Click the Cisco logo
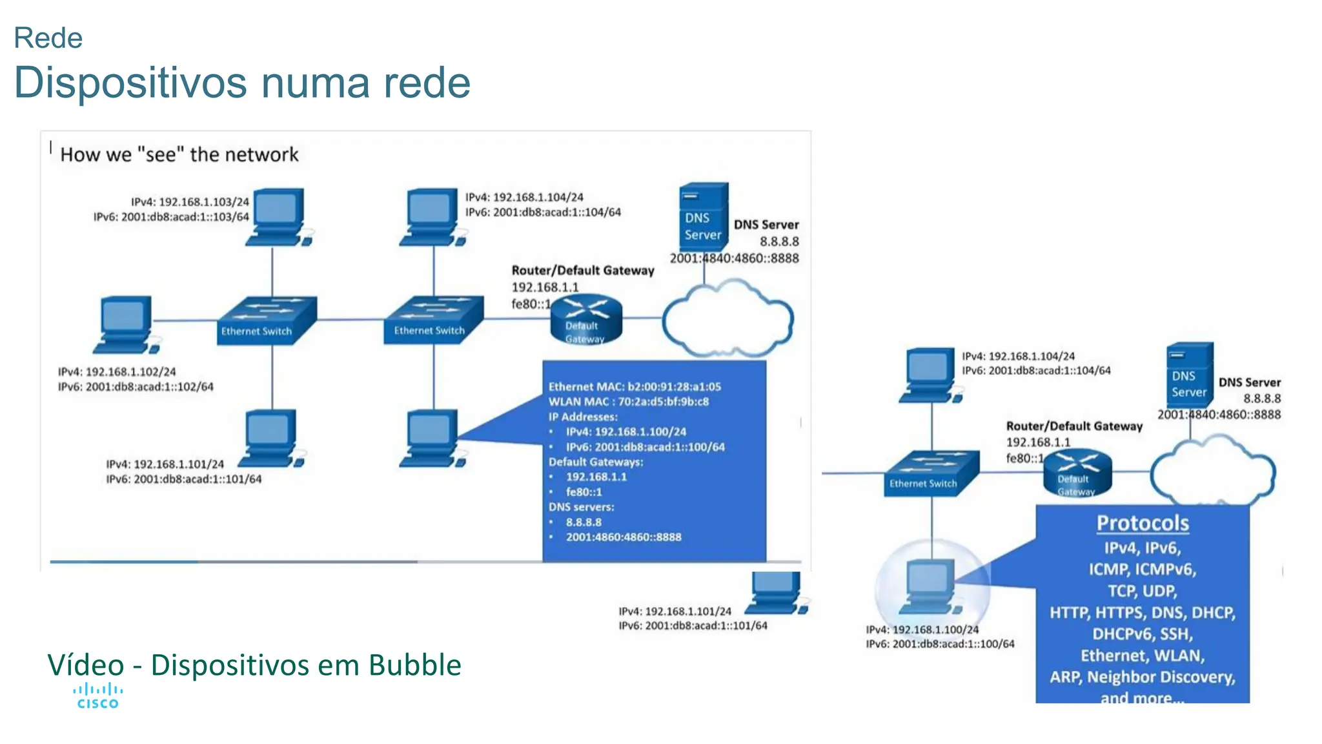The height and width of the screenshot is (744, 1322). click(x=97, y=696)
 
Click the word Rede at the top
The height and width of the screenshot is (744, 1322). click(x=48, y=38)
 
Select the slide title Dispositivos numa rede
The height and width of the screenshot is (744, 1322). click(x=242, y=83)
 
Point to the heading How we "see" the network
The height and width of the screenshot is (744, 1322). click(x=179, y=155)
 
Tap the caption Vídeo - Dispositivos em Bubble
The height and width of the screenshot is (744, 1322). click(x=254, y=665)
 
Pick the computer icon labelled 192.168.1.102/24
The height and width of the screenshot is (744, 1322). click(x=126, y=324)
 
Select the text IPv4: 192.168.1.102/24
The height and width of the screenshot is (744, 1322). click(x=117, y=372)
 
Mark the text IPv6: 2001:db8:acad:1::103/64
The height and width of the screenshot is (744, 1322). click(x=171, y=217)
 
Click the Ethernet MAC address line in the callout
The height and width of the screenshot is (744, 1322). click(x=635, y=387)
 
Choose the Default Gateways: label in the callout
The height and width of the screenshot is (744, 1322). click(x=596, y=462)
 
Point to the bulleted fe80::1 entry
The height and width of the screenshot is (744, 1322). click(x=584, y=492)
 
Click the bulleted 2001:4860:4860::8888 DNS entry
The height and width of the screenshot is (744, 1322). click(x=624, y=537)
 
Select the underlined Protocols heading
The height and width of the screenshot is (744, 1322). click(x=1143, y=523)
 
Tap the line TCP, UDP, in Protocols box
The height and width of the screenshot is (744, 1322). click(x=1143, y=591)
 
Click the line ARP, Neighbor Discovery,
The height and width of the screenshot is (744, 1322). click(x=1143, y=677)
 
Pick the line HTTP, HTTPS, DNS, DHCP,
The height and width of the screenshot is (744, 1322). click(x=1143, y=612)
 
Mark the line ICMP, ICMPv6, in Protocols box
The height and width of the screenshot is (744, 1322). click(x=1143, y=569)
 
